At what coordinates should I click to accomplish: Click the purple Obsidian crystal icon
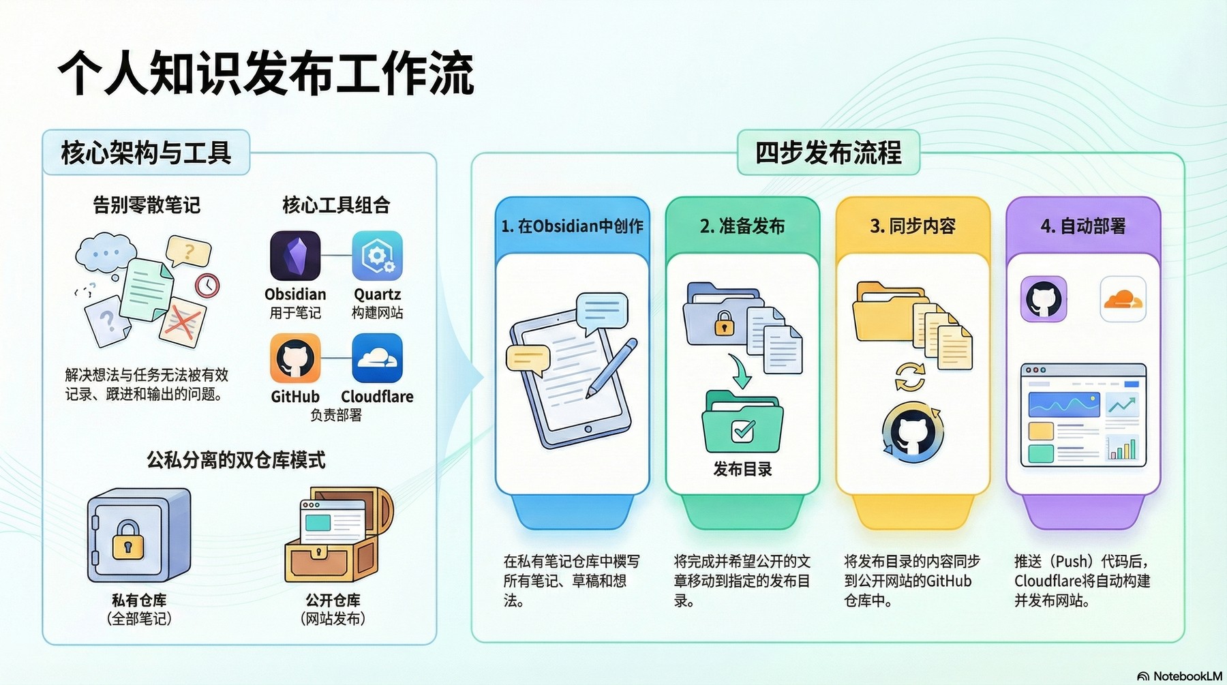pos(295,256)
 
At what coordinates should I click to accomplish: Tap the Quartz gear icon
pos(377,256)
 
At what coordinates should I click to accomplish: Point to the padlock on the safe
pos(127,541)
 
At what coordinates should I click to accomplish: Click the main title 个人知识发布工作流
pos(266,73)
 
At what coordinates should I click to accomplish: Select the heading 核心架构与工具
pos(146,153)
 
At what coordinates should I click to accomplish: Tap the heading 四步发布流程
pos(828,153)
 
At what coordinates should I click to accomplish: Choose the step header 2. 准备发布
pos(742,226)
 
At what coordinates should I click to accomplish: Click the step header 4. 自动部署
pos(1083,226)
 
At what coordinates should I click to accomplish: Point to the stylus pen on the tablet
pos(611,369)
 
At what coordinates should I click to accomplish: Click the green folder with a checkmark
pos(742,422)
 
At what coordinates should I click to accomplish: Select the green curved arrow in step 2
pos(740,371)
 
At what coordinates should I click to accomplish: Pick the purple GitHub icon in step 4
pos(1043,299)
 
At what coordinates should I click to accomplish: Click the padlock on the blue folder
pos(724,324)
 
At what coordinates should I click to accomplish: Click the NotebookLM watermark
pos(1180,676)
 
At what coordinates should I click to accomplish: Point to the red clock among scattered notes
pos(207,285)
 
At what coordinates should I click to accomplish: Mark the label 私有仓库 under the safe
pos(139,600)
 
